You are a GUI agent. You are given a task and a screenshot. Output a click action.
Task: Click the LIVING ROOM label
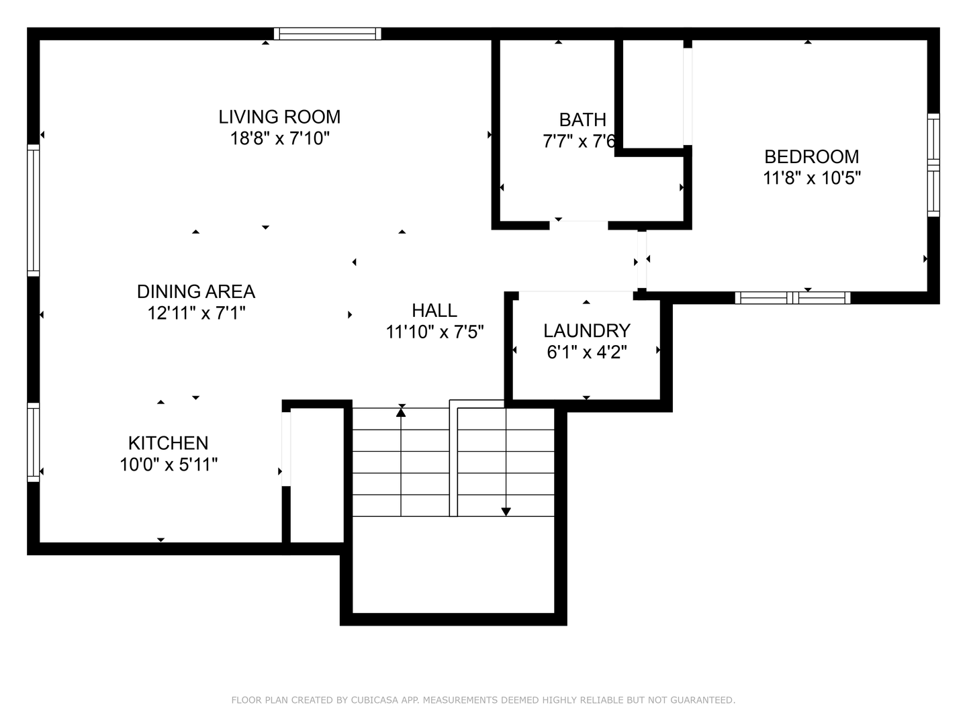pos(279,117)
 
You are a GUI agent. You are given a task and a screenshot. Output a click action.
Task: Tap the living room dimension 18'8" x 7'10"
pos(279,139)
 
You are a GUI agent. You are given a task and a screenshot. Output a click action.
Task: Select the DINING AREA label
pos(196,291)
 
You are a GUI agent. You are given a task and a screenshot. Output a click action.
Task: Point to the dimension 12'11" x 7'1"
pos(196,313)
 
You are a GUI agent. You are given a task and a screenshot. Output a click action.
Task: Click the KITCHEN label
pos(168,443)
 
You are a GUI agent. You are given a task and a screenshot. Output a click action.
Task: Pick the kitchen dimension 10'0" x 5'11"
pos(168,465)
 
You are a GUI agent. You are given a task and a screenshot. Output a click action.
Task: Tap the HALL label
pos(434,310)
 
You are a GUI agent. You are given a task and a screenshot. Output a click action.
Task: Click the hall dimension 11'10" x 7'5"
pos(434,332)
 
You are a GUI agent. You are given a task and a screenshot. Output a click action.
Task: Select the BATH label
pos(582,119)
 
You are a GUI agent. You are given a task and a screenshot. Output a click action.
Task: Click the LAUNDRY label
pos(586,330)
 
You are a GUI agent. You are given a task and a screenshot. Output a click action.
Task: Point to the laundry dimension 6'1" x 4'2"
pos(586,352)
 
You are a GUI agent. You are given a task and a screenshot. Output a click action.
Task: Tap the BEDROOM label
pos(811,156)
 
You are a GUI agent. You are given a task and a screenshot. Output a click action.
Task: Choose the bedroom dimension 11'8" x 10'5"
pos(811,179)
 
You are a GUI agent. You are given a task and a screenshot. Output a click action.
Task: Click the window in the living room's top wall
pos(327,34)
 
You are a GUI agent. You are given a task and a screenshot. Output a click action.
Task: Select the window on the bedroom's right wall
pos(933,164)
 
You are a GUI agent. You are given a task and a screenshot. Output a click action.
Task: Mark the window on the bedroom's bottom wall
pos(792,297)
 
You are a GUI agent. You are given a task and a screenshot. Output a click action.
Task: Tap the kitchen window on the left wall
pos(33,442)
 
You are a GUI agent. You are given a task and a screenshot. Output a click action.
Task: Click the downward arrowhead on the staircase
pos(506,512)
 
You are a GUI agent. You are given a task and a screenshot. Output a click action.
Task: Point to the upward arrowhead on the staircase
pos(401,412)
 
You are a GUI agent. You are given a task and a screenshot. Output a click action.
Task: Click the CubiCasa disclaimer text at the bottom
pos(483,700)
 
